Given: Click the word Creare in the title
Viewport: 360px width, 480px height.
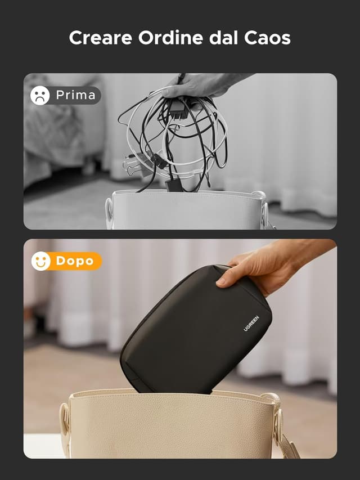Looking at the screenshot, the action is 101,38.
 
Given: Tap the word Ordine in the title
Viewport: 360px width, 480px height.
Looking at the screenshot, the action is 170,38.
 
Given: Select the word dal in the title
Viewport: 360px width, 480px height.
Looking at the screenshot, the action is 223,38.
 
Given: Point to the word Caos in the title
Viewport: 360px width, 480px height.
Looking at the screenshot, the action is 267,38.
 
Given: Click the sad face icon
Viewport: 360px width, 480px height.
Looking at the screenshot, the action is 40,95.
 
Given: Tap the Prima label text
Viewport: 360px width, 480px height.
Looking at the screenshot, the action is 75,95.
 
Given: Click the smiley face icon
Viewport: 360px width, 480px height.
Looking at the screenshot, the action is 40,261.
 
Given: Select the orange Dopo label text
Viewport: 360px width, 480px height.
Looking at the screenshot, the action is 75,261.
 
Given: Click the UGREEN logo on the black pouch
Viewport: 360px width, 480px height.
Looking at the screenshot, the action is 251,324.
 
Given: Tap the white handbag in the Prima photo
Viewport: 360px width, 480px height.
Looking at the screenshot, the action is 187,210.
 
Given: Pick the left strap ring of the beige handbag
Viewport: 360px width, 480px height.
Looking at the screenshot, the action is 65,419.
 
